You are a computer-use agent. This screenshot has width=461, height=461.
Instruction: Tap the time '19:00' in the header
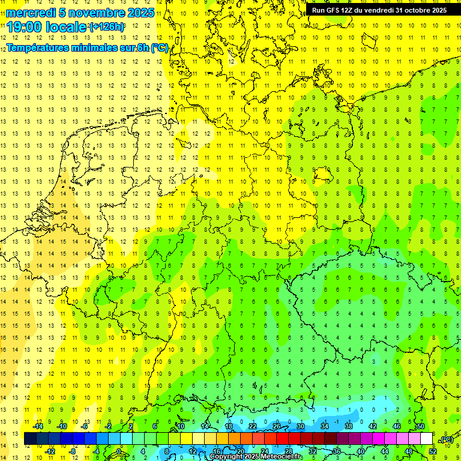tap(26, 27)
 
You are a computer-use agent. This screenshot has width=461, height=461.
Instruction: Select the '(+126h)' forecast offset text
tap(107, 27)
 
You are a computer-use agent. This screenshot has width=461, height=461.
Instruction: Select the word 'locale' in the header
tap(67, 27)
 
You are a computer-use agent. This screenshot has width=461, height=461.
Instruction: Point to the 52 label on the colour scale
tap(433, 451)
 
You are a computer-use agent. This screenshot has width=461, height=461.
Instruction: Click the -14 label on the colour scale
tap(38, 426)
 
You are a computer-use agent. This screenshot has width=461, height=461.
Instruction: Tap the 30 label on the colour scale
tap(300, 426)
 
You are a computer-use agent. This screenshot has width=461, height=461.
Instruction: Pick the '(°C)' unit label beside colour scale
tap(447, 439)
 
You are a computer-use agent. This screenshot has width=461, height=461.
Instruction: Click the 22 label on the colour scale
tap(253, 426)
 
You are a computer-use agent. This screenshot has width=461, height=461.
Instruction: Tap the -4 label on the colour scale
tap(96, 451)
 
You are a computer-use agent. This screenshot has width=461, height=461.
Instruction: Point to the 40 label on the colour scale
tap(360, 451)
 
